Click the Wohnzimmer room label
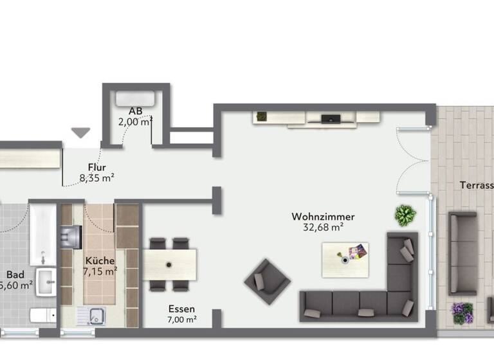322,217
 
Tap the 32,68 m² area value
322,227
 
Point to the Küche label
100,261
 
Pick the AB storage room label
135,110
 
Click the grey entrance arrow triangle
80,132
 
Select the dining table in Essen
170,264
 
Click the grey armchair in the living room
266,280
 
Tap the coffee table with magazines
345,255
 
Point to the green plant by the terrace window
405,215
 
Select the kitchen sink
96,316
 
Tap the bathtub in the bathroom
42,234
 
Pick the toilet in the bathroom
42,315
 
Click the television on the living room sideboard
331,118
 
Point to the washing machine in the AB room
135,98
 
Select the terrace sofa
462,253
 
